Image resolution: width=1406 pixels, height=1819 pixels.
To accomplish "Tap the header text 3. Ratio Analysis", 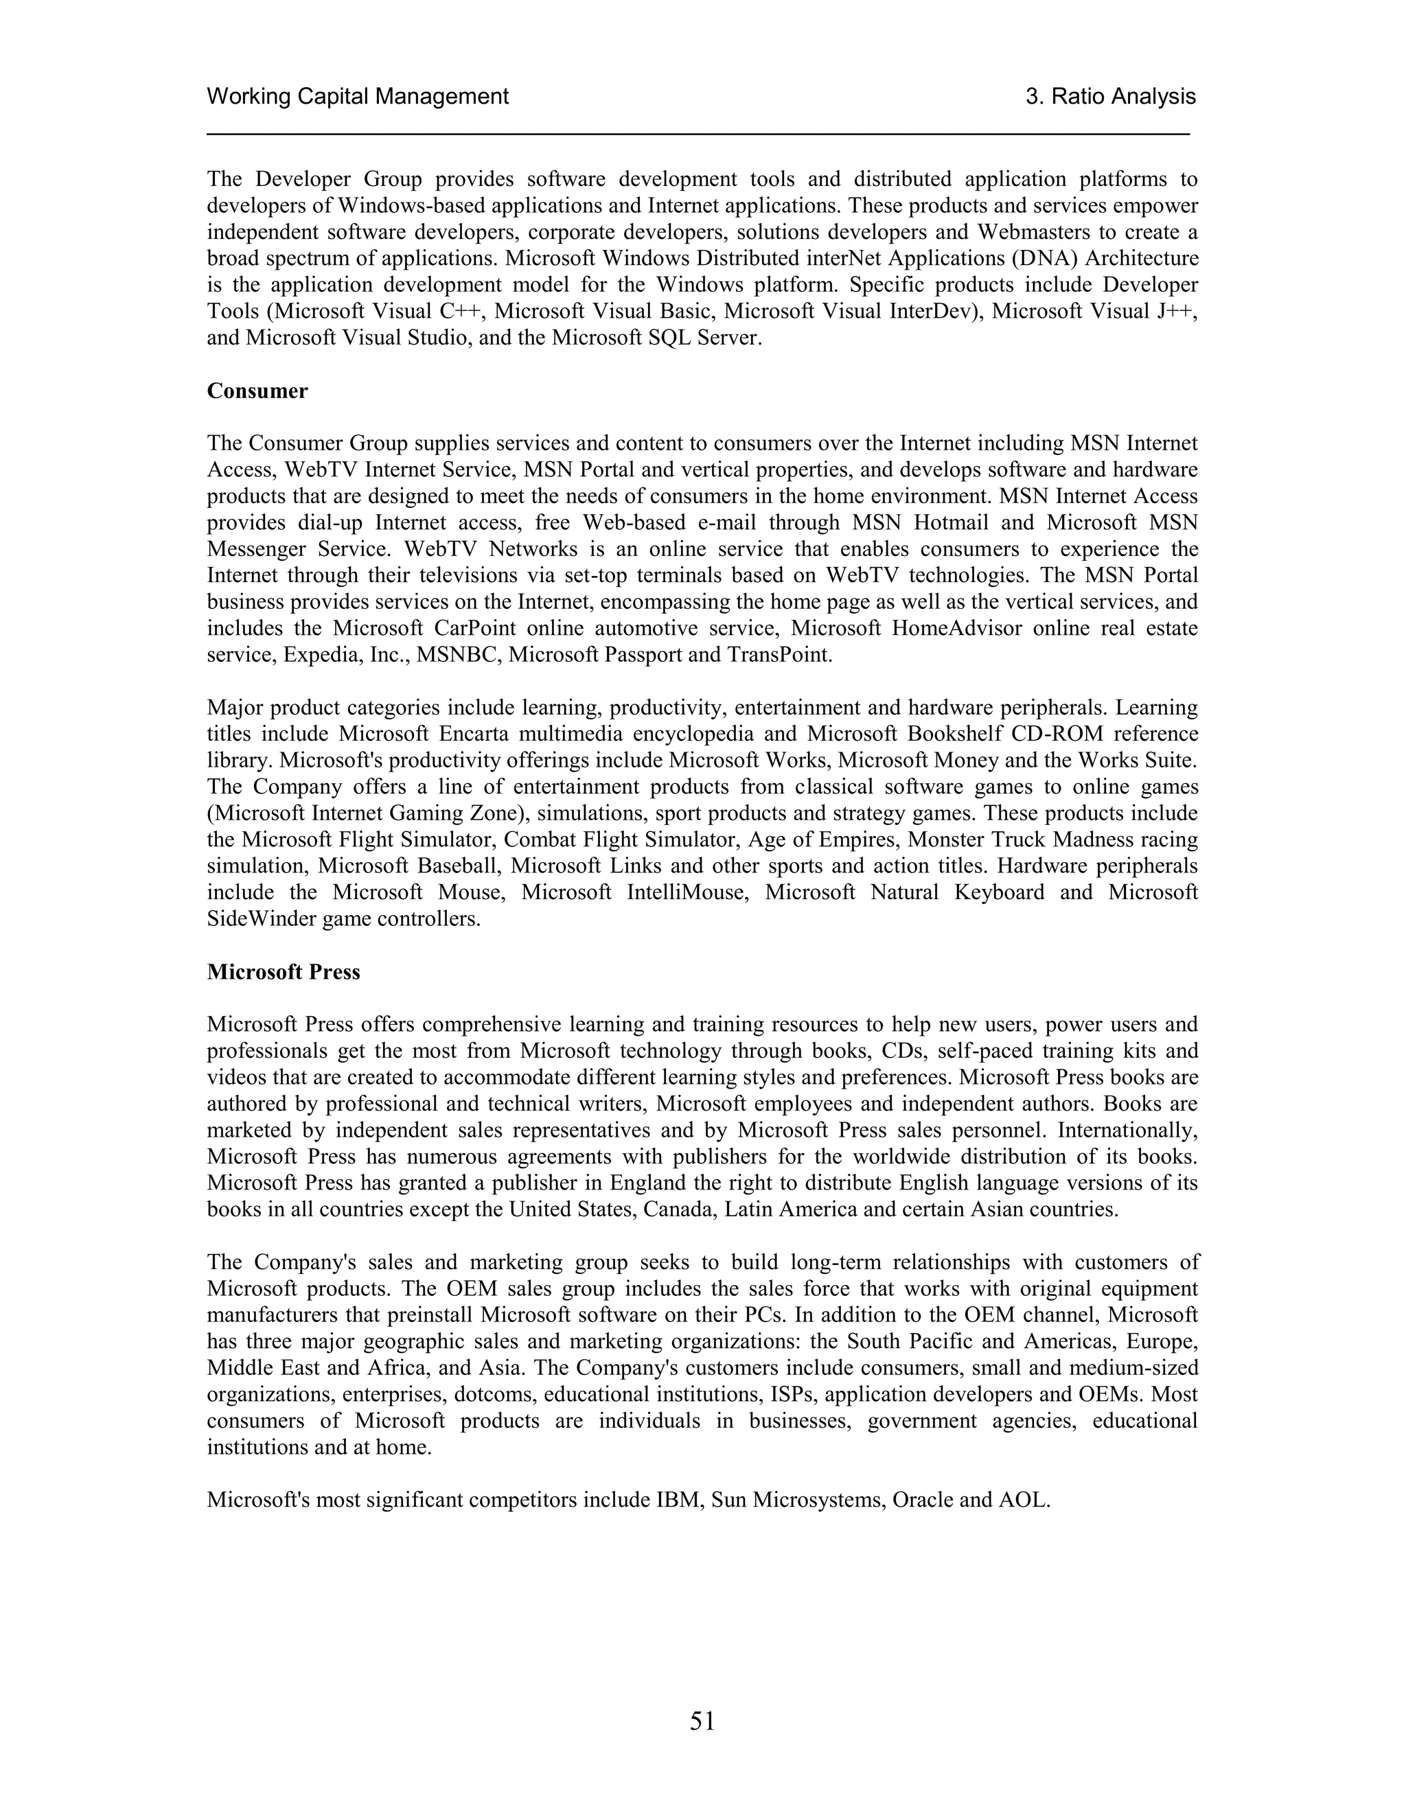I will click(x=1110, y=97).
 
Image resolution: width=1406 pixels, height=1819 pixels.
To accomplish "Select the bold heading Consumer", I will click(x=257, y=391).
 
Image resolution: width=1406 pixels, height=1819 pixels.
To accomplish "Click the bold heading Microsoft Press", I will click(x=284, y=972).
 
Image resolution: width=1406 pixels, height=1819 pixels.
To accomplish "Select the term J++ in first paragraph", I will click(x=1178, y=312).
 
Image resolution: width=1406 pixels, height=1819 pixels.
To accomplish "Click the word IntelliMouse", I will click(x=688, y=893).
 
